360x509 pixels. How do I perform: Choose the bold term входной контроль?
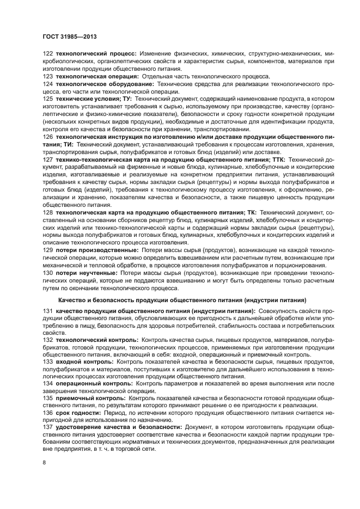click(76, 363)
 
